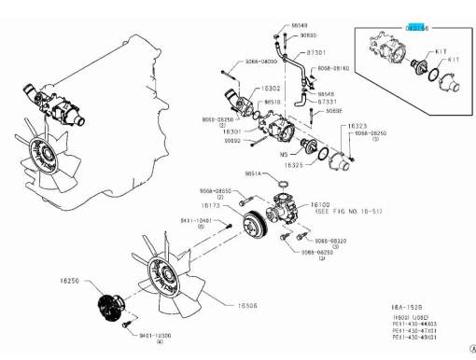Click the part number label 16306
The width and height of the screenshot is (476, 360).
click(249, 303)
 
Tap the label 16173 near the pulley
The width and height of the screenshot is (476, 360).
click(211, 204)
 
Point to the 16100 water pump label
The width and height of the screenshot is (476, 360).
click(320, 203)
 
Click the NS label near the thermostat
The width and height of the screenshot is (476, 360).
click(286, 153)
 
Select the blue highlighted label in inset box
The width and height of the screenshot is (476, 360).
click(415, 29)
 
